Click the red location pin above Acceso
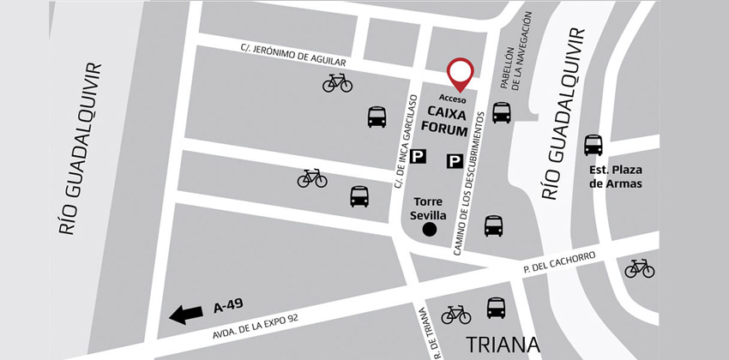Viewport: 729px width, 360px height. (461, 73)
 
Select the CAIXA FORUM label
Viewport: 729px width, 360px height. (449, 122)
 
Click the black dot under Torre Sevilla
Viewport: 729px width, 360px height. (431, 229)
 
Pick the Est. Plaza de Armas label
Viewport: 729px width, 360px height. (615, 177)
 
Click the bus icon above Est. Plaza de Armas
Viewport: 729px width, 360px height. (593, 145)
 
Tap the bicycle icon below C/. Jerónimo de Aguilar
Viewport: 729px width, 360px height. (337, 82)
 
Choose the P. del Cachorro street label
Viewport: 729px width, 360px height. (558, 261)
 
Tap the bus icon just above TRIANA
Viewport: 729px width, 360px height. (496, 308)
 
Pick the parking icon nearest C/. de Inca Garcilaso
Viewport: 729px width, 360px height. (419, 156)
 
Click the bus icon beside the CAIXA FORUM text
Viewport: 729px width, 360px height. (502, 112)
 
